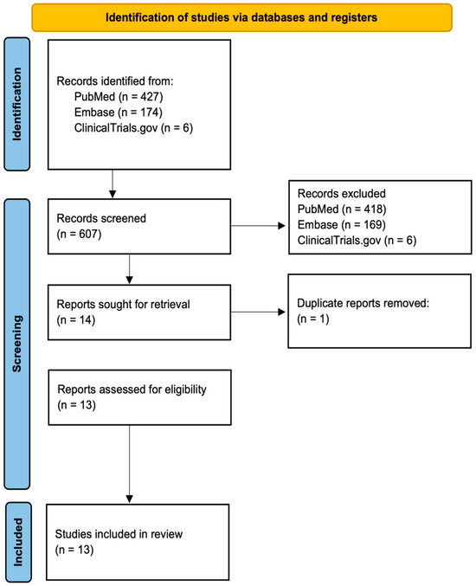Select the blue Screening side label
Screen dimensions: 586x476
tap(19, 344)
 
